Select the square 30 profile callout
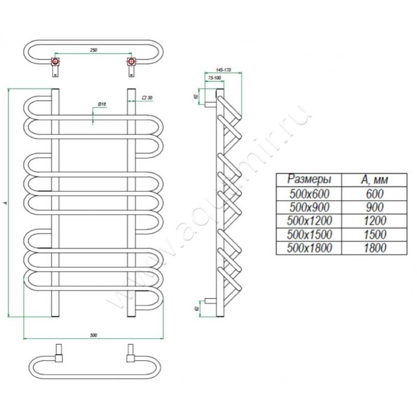(x=147, y=98)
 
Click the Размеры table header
(x=309, y=179)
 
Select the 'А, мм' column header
(x=374, y=180)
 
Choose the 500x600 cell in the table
(x=309, y=193)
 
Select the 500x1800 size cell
(x=309, y=248)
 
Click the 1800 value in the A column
(x=374, y=248)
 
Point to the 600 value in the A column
(x=374, y=193)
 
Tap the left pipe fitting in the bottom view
(x=59, y=352)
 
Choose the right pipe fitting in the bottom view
(x=130, y=352)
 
